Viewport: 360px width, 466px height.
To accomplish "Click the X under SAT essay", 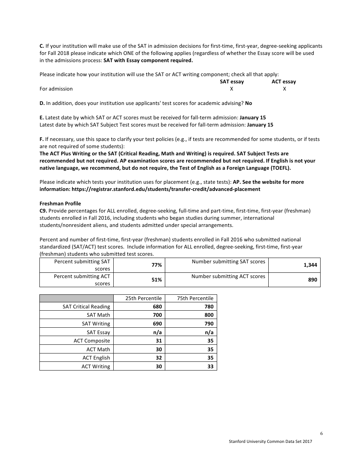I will click(232, 89).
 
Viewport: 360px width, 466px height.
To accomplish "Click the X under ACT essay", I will click(284, 89).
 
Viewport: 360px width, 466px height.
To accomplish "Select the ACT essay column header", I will click(283, 81).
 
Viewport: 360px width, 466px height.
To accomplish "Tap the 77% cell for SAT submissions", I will click(157, 265).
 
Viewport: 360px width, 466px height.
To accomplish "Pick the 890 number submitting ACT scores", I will click(312, 280).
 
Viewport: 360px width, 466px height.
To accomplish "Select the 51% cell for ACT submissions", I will click(157, 280).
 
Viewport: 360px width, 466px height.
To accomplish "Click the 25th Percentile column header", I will click(143, 298).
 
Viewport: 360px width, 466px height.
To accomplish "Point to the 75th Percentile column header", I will click(195, 298).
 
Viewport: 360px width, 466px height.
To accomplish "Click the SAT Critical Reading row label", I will click(86, 306).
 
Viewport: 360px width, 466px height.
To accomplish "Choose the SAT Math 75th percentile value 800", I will click(209, 315).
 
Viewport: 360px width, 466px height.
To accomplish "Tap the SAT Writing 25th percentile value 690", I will click(157, 324).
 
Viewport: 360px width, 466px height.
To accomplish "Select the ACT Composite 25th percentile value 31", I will click(159, 341).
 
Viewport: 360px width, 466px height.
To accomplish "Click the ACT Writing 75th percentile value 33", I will click(210, 366).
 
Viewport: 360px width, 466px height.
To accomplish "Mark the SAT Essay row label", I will click(98, 332).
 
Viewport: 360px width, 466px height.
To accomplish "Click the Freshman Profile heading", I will click(60, 203).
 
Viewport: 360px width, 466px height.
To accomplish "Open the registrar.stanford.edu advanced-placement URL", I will click(150, 189).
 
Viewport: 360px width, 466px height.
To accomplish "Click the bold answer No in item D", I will click(249, 103).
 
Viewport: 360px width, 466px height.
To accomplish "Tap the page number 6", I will click(321, 434).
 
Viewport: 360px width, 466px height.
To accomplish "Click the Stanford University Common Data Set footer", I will click(270, 441).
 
